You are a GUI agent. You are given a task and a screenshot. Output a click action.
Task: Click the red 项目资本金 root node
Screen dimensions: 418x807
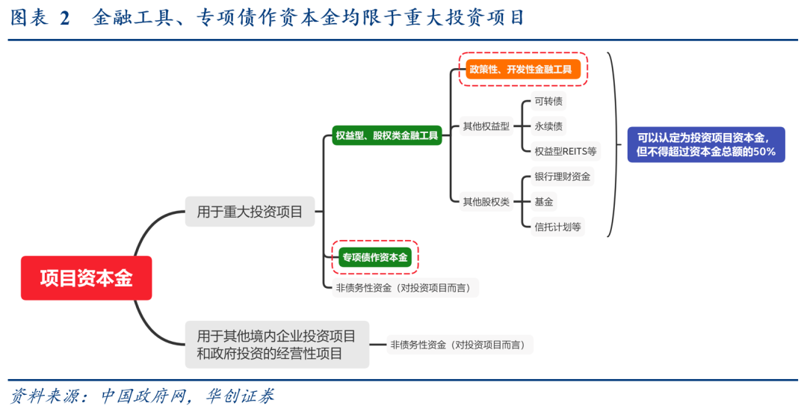(x=86, y=278)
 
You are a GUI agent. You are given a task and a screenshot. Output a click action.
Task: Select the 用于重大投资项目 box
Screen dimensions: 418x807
(x=250, y=212)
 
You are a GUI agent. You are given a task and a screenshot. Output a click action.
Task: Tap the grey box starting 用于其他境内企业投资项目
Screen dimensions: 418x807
(x=276, y=345)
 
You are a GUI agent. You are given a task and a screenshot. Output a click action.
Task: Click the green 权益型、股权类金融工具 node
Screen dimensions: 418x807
(x=387, y=135)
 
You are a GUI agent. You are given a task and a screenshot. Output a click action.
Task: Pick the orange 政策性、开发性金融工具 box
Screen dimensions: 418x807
(x=523, y=70)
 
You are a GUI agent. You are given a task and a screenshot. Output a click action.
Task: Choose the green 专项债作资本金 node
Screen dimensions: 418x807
(x=375, y=257)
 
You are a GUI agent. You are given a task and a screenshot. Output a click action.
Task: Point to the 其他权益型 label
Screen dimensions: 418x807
(x=486, y=126)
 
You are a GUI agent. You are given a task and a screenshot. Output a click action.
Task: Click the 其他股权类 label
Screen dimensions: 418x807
(x=486, y=201)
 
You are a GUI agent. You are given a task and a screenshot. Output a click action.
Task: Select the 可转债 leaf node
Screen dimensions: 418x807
(x=548, y=102)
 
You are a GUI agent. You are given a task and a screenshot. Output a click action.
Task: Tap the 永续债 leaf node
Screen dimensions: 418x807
(x=548, y=126)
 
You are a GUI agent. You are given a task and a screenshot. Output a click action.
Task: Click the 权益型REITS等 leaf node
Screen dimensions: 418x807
(x=565, y=151)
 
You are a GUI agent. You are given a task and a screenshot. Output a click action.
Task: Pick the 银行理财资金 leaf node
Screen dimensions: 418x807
(x=562, y=176)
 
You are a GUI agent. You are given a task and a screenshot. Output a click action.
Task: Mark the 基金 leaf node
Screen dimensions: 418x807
(x=543, y=201)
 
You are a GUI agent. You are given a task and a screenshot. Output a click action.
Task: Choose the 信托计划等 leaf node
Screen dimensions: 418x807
(x=557, y=226)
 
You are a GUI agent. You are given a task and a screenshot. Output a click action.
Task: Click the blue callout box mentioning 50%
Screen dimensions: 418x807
(x=705, y=144)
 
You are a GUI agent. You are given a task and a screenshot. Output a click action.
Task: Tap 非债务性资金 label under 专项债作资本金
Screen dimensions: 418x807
(x=405, y=287)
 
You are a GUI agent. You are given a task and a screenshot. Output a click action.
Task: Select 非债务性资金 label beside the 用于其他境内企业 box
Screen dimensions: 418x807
(x=460, y=345)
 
